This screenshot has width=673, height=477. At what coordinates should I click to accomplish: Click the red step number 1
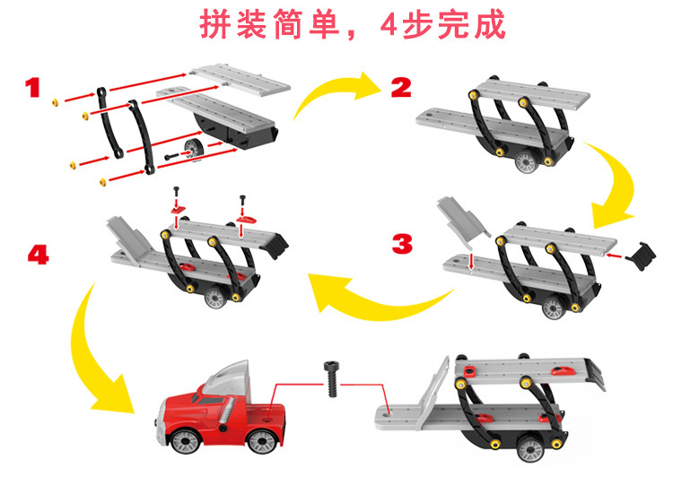(33, 87)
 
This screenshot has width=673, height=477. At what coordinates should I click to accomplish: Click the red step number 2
(401, 87)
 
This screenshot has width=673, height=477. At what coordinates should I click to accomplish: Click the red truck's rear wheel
(261, 441)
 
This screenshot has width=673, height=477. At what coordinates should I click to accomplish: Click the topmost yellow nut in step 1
(55, 99)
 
